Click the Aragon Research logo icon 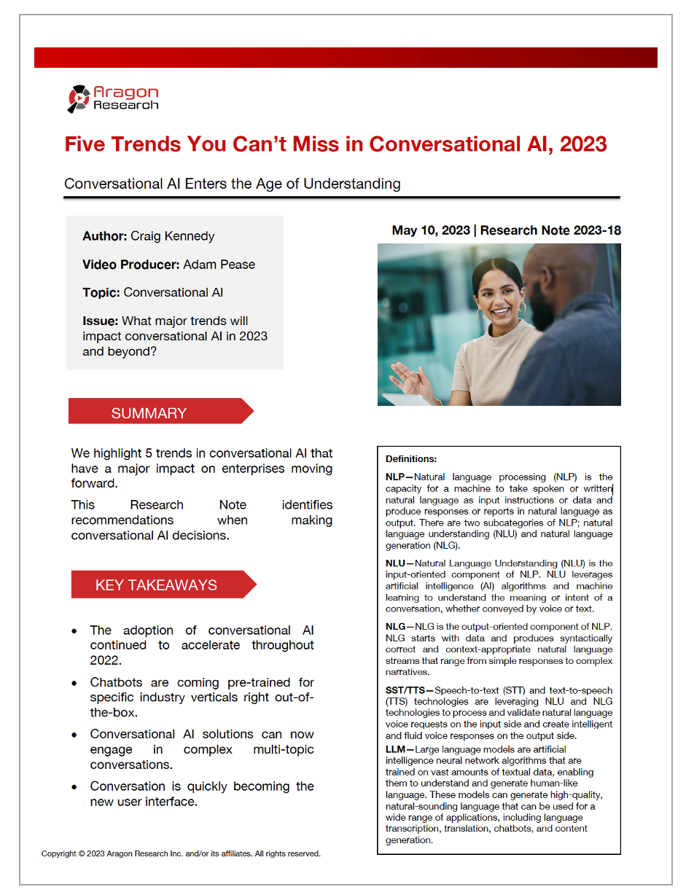(x=79, y=98)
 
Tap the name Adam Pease (x=219, y=265)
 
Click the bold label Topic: (x=101, y=292)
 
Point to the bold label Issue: (x=100, y=321)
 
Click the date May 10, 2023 (x=431, y=230)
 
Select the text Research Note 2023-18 (x=550, y=230)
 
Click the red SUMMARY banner (x=149, y=413)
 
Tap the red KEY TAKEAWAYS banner (x=156, y=585)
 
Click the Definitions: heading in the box (x=411, y=459)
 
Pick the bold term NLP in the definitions (x=395, y=477)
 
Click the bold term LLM (x=395, y=749)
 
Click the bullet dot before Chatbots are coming (x=74, y=684)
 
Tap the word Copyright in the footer (x=58, y=853)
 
